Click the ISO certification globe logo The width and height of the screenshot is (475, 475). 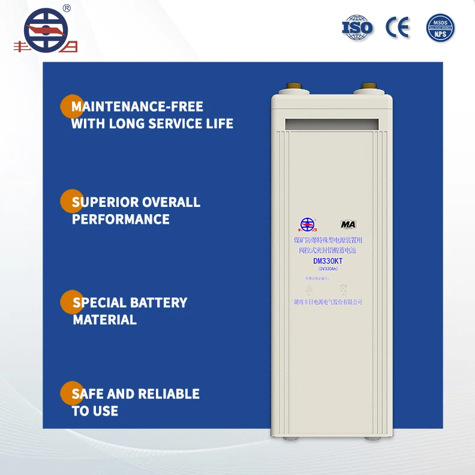[357, 27]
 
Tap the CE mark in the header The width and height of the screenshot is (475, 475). [398, 28]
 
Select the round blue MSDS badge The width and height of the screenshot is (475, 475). [441, 28]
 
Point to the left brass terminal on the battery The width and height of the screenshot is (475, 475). [296, 88]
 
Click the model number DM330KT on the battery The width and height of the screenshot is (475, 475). [327, 261]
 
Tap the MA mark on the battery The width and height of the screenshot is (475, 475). [348, 224]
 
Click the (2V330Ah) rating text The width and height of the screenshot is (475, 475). [327, 269]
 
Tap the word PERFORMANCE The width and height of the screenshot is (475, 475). [121, 219]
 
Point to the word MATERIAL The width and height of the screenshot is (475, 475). [105, 320]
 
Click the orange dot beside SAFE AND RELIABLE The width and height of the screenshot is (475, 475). [71, 393]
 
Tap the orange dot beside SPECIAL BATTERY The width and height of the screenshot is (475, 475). [71, 302]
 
